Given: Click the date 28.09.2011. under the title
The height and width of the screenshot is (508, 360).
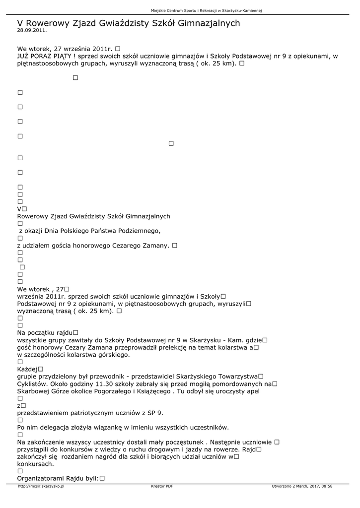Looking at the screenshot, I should (x=32, y=30).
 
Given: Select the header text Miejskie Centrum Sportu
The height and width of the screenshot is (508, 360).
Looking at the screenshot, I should (x=178, y=10).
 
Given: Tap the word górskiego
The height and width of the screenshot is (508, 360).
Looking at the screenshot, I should (x=112, y=355).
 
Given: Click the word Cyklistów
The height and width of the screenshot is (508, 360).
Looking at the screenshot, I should (x=32, y=383).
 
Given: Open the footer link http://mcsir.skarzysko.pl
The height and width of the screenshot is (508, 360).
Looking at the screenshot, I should (x=41, y=486).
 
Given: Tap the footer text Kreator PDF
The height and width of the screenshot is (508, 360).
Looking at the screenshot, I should (x=161, y=486).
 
